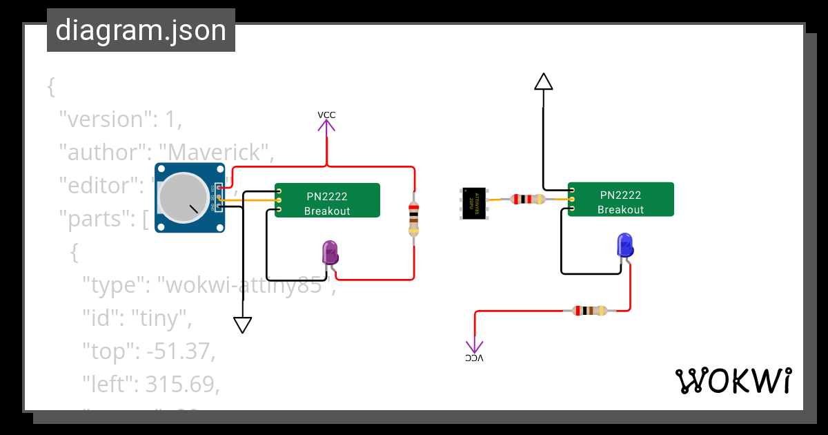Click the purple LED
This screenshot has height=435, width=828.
pos(330,253)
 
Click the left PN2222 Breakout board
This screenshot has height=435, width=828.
pos(328,200)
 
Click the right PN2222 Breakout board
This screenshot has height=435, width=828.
pos(620,200)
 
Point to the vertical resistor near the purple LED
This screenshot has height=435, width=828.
pos(413,217)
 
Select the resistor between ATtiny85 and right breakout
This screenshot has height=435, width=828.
pos(527,200)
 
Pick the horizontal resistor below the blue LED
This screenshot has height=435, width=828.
pos(586,311)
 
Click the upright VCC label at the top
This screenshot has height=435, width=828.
pos(326,115)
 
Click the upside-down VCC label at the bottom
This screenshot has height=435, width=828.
pos(474,358)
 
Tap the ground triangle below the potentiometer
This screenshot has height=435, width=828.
pos(242,325)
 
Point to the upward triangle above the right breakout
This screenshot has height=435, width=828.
pos(544,82)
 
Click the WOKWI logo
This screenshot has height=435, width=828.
pos(733,380)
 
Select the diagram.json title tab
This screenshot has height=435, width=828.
pos(141,30)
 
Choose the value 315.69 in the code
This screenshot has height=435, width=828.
pos(181,384)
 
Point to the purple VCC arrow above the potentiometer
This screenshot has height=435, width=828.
pos(326,126)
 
